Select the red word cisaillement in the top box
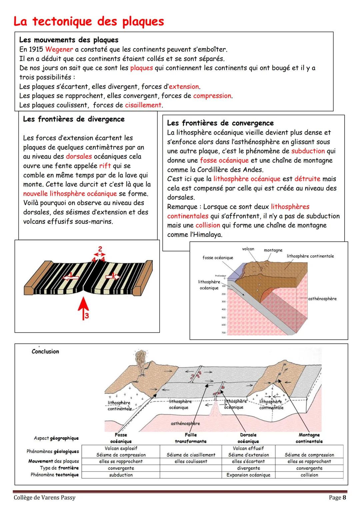click(x=143, y=105)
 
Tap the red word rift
click(x=105, y=166)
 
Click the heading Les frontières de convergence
click(x=220, y=123)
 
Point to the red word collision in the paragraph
click(x=208, y=225)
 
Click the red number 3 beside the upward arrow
click(x=87, y=316)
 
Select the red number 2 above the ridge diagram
click(x=100, y=249)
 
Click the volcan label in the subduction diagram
click(x=248, y=249)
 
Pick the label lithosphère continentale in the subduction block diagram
click(x=310, y=256)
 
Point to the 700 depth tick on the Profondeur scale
click(x=223, y=333)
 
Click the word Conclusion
click(x=45, y=351)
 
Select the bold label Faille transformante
click(x=191, y=438)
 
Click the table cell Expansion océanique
click(x=248, y=475)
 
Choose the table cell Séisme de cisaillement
click(x=191, y=455)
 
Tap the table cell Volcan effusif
click(x=248, y=448)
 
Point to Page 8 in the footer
click(x=337, y=498)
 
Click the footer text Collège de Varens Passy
click(x=45, y=498)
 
